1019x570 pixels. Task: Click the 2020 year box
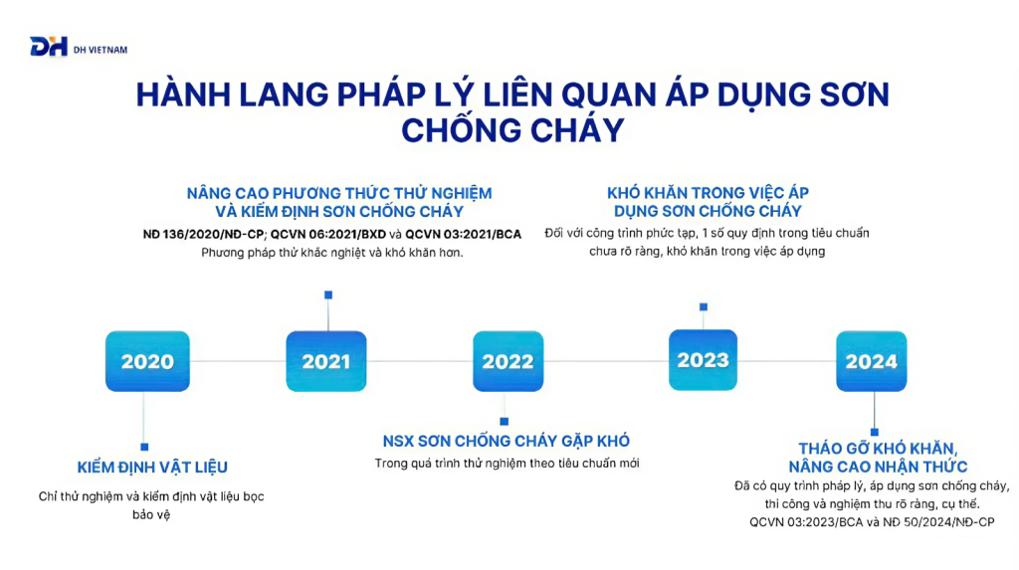point(147,361)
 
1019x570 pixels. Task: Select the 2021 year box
point(326,361)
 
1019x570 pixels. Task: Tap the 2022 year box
point(509,361)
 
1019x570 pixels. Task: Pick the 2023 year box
point(704,360)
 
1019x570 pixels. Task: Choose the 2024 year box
point(872,361)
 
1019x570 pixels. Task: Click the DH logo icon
point(49,47)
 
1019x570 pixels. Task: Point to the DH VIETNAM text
point(101,50)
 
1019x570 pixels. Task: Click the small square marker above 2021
point(328,295)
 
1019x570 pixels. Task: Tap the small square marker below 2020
point(144,448)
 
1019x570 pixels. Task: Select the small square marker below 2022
point(505,422)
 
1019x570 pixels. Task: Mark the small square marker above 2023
point(704,306)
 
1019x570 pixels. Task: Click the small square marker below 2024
point(875,432)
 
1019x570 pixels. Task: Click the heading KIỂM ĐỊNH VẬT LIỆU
point(152,468)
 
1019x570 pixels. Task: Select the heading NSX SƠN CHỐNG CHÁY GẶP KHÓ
point(507,442)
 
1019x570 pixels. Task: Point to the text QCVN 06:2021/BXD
point(328,234)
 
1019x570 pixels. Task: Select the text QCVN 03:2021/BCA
point(464,234)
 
